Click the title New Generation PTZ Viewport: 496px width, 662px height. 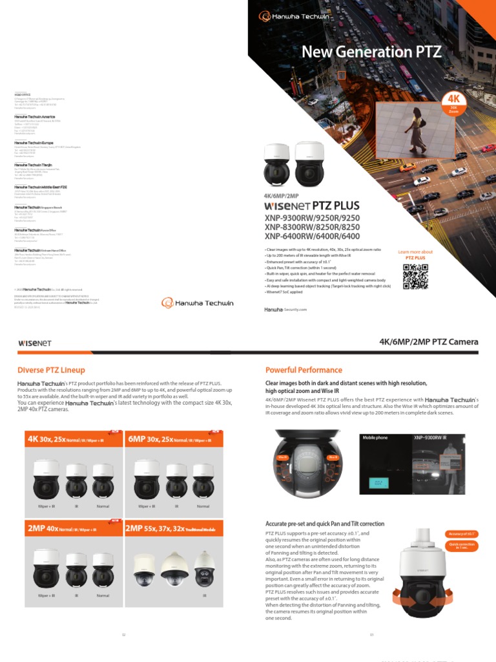click(372, 52)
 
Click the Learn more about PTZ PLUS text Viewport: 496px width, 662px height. click(415, 255)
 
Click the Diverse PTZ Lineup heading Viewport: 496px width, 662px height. click(51, 370)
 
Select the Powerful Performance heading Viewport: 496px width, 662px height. click(304, 370)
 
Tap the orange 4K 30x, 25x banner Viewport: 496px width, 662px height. click(72, 439)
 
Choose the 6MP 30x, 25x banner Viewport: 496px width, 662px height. click(173, 439)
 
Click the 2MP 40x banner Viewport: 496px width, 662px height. click(72, 529)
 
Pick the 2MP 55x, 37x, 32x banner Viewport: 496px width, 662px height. click(173, 529)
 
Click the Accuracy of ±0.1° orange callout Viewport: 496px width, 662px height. click(461, 534)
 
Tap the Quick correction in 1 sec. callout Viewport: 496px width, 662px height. click(462, 546)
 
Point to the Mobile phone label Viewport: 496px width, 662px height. click(375, 438)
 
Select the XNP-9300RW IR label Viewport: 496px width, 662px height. click(430, 438)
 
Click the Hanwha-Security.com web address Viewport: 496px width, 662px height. click(285, 310)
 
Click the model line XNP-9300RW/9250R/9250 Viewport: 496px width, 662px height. click(311, 219)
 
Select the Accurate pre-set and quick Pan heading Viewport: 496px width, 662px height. click(325, 524)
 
